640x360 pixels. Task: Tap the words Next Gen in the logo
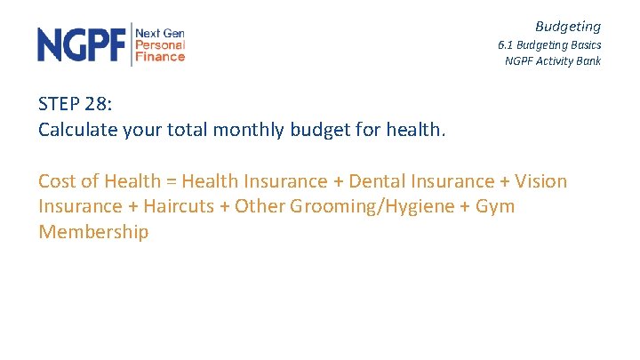pos(160,32)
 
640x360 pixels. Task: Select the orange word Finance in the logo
pos(160,56)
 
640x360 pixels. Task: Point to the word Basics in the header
pos(583,44)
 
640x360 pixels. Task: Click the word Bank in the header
pos(588,61)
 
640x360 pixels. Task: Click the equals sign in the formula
pos(171,181)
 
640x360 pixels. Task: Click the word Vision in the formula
pos(539,181)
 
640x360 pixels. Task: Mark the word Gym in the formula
pos(494,207)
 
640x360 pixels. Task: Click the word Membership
pos(93,233)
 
